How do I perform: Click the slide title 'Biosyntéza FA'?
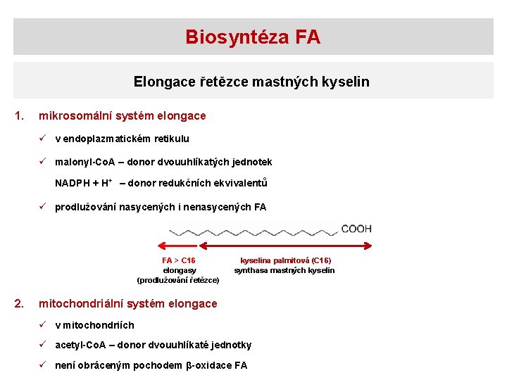tap(253, 37)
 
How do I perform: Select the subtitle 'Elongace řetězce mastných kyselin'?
tap(251, 82)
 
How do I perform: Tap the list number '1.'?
tap(20, 115)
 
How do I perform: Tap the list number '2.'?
tap(20, 303)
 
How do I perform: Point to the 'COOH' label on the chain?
tap(356, 229)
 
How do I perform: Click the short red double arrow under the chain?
tap(179, 246)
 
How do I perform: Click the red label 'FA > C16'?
tap(179, 260)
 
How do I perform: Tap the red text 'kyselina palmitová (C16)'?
tap(285, 260)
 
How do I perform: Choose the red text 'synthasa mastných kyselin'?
tap(284, 270)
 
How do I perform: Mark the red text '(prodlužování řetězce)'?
tap(178, 280)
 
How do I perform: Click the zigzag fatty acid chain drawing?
tap(253, 230)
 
